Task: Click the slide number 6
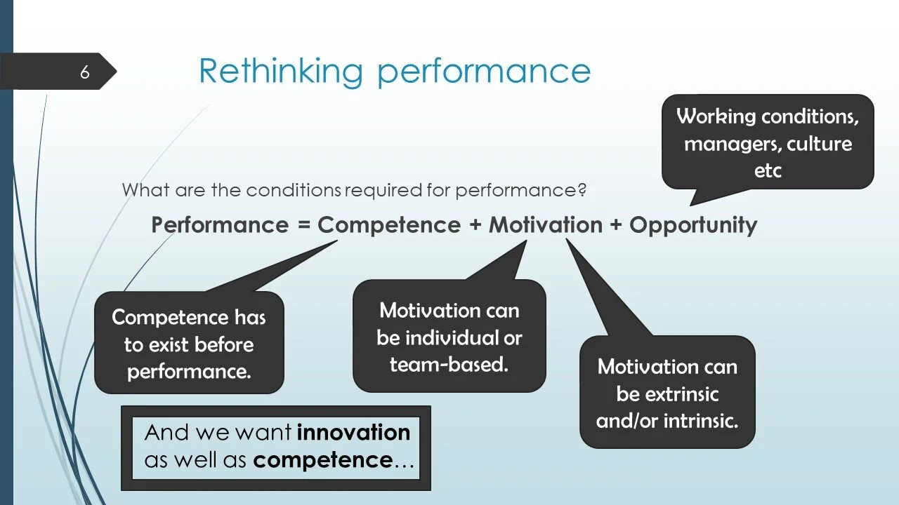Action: (84, 72)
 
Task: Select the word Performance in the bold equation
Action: (220, 225)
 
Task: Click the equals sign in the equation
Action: (303, 226)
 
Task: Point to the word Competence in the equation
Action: (389, 225)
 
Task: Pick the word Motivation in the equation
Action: (546, 225)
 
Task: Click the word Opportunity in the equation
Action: (693, 225)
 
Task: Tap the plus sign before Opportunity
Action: (616, 226)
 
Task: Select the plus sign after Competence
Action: (475, 226)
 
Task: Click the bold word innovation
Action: (353, 433)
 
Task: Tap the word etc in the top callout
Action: (768, 170)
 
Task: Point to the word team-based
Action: (449, 365)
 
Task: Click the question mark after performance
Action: (582, 190)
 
